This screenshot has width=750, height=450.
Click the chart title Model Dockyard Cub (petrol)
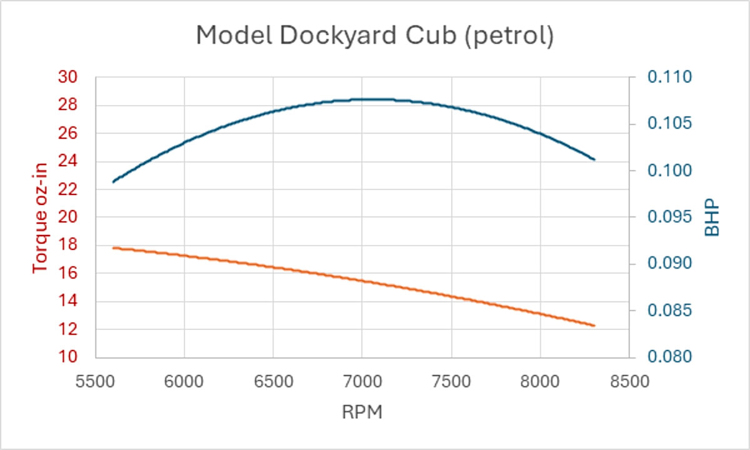(x=374, y=36)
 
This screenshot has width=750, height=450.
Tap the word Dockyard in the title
(x=339, y=36)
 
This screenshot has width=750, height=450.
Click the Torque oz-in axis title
(x=40, y=218)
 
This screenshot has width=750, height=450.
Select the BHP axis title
(x=712, y=217)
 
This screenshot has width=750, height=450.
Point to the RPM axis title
(x=362, y=412)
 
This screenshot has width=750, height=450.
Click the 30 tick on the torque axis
(x=67, y=77)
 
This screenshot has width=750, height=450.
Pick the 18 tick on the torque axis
(x=67, y=244)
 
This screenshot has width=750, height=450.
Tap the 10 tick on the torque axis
(x=67, y=357)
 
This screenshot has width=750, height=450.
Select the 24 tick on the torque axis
(x=67, y=161)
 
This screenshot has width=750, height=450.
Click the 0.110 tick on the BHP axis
(x=669, y=77)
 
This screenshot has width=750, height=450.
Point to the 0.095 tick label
(x=669, y=217)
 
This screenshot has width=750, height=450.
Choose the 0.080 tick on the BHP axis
(x=669, y=357)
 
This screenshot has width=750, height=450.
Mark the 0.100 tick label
(x=669, y=171)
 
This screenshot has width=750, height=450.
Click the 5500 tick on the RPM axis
(x=96, y=382)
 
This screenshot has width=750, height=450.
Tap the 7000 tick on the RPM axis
(x=362, y=382)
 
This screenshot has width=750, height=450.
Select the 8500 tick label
(x=629, y=382)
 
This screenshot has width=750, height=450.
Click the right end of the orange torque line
(x=594, y=326)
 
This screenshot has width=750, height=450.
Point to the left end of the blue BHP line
(x=114, y=182)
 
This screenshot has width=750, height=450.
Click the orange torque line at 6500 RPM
(x=273, y=267)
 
